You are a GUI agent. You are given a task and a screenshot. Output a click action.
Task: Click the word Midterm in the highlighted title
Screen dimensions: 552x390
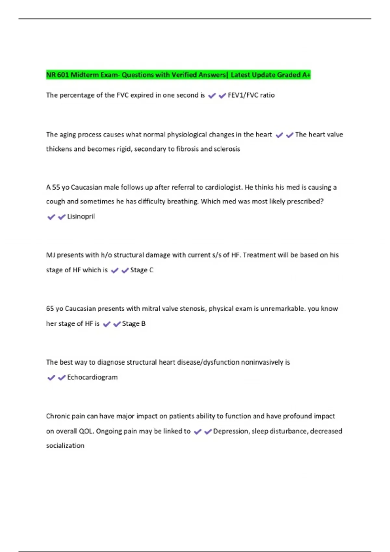pos(84,75)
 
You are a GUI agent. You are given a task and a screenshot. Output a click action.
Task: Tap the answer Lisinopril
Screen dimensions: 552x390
pos(81,217)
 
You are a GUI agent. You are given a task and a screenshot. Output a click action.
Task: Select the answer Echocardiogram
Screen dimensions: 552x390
pos(92,377)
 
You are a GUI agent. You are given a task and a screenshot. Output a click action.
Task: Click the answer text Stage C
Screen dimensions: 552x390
pos(142,270)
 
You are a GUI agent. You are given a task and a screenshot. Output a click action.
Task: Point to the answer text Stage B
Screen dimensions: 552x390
pos(134,324)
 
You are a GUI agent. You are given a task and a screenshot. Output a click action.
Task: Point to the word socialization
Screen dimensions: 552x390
pos(65,446)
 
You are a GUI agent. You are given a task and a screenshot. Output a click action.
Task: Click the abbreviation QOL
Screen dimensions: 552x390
pos(86,431)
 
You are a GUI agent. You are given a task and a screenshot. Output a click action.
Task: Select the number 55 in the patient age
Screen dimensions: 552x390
pos(56,187)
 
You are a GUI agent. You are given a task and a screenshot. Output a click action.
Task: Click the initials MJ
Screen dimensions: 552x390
pos(50,255)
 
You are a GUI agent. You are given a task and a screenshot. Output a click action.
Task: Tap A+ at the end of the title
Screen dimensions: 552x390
pos(306,75)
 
